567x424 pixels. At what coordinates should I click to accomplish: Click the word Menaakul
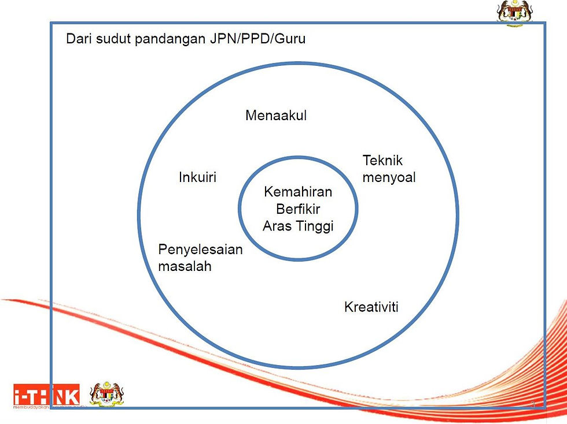coord(276,116)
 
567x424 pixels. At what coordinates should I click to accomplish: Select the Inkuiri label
coord(197,177)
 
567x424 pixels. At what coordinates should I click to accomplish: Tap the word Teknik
coord(382,161)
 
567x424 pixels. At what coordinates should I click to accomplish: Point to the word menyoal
coord(389,177)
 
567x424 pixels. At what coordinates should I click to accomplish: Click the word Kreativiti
coord(371,307)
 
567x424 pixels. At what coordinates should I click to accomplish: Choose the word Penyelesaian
coord(200,250)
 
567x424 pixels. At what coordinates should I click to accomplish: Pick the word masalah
coord(185,266)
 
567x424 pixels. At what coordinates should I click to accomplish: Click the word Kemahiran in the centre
coord(298,192)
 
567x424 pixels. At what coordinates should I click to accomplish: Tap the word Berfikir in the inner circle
coord(298,209)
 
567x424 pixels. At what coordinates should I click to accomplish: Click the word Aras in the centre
coord(277,226)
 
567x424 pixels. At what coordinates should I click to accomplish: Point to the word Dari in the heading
coord(78,40)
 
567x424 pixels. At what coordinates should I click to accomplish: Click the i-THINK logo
coord(46,395)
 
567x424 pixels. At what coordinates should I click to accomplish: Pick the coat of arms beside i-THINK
coord(108,395)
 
